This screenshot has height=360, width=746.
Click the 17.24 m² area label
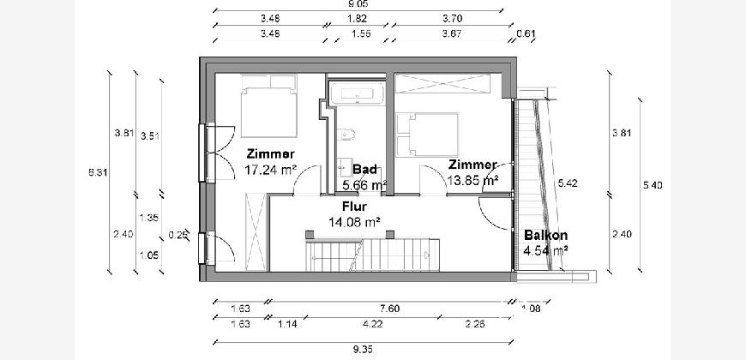(x=270, y=170)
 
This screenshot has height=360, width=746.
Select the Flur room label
(x=355, y=207)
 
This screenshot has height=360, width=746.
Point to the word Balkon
(x=546, y=236)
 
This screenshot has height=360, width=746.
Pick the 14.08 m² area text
(x=355, y=220)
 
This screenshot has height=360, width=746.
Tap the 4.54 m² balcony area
(x=546, y=251)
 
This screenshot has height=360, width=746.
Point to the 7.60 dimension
(x=364, y=309)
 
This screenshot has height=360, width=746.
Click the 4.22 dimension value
(x=373, y=323)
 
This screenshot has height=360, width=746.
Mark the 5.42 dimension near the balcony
(x=566, y=183)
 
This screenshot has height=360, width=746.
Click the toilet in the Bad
(x=346, y=134)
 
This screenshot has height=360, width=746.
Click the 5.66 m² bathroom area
(x=364, y=183)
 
